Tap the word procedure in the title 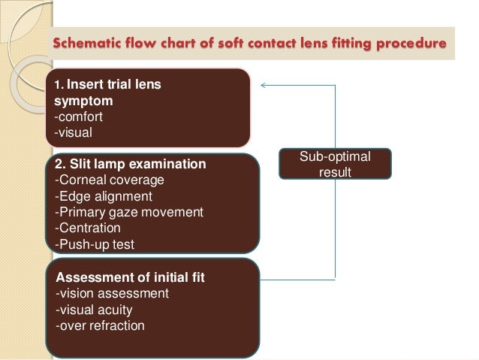(x=412, y=41)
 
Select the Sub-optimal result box (x=335, y=163)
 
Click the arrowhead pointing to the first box (x=263, y=85)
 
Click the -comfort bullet (x=77, y=116)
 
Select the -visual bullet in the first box (x=72, y=132)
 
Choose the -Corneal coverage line (x=109, y=180)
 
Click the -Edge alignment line (x=104, y=195)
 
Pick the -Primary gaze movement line (x=128, y=212)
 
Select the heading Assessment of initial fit (x=130, y=277)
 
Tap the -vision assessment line (x=112, y=293)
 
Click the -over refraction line (x=98, y=325)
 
